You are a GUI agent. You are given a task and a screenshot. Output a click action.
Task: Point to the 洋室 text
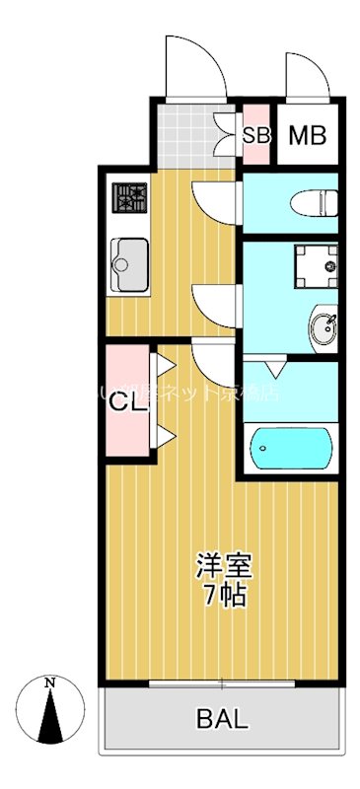[x=225, y=567]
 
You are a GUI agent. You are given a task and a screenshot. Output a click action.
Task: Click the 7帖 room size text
[x=225, y=595]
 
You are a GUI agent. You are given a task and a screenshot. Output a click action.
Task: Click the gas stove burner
[x=130, y=200]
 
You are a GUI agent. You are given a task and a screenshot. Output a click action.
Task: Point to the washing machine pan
[x=316, y=263]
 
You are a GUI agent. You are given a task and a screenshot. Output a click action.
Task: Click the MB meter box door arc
[x=300, y=75]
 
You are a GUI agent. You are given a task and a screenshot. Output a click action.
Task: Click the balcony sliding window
[x=222, y=682]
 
